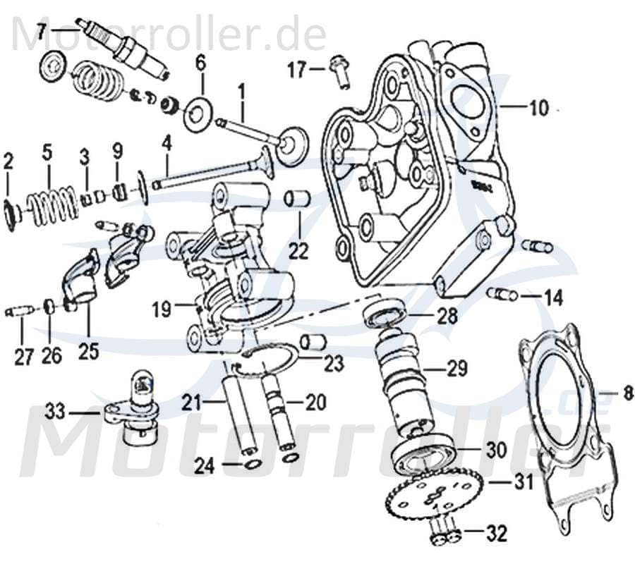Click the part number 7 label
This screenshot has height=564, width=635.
coord(42,31)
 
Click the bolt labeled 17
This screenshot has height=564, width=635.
coord(340,70)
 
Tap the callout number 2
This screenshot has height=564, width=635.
coord(8,162)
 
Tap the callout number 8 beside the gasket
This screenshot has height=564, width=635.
coord(627,395)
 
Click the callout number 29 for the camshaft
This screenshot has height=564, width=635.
coord(456,369)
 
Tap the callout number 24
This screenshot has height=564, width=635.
coord(205,465)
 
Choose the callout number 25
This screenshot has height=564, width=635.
coord(88,350)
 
